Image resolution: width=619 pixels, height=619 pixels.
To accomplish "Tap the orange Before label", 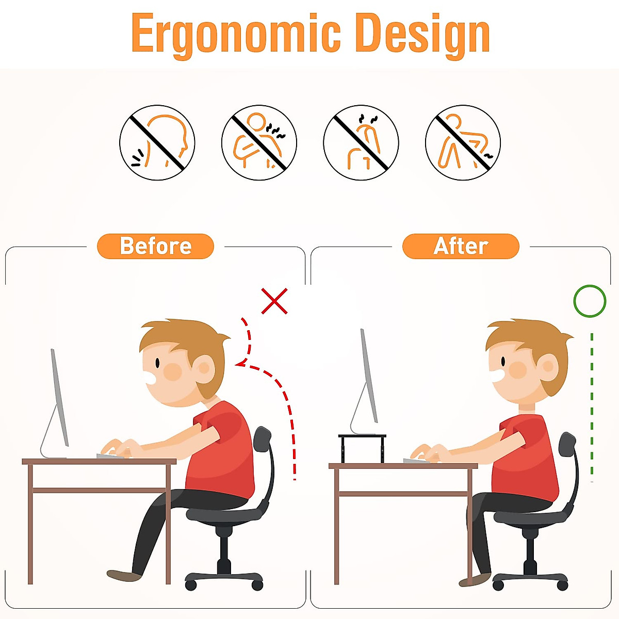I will (x=155, y=246).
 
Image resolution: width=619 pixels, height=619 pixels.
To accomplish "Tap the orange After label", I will (x=461, y=246).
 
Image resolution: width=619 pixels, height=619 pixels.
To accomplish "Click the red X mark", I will (x=274, y=301).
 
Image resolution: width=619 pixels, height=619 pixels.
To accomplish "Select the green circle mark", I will (x=590, y=301).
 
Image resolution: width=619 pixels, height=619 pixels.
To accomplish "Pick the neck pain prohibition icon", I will (x=157, y=142).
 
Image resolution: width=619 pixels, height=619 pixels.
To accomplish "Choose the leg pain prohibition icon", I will (x=463, y=142).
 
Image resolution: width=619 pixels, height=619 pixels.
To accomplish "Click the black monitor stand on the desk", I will (x=362, y=447).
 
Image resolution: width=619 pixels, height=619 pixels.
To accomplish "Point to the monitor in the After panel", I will (x=368, y=379).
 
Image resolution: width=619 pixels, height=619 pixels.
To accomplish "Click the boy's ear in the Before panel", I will (x=205, y=368).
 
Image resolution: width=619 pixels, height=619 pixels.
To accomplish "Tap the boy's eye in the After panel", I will (x=503, y=362).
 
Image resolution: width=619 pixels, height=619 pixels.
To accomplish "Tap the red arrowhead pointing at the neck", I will (x=239, y=365).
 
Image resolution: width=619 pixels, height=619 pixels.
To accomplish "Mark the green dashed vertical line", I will (x=592, y=408).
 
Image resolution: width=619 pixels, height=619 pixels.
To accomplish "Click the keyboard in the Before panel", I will (x=111, y=456).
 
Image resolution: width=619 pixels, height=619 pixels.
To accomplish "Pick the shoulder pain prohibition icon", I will (x=259, y=142).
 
